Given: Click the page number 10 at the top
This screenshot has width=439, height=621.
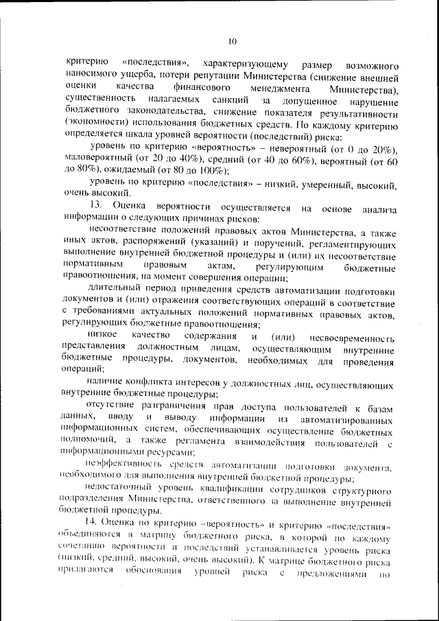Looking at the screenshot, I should [x=232, y=43].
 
